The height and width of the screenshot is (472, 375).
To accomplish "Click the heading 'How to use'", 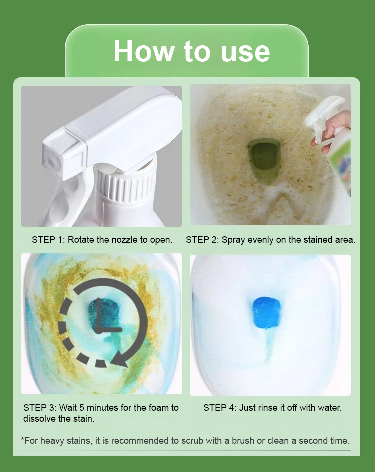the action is coord(191,52).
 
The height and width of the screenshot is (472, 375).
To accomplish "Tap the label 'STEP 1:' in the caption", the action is coord(48,240).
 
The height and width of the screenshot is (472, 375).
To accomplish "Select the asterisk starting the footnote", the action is coord(22,439).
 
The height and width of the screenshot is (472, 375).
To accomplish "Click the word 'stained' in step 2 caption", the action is coord(318,240).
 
